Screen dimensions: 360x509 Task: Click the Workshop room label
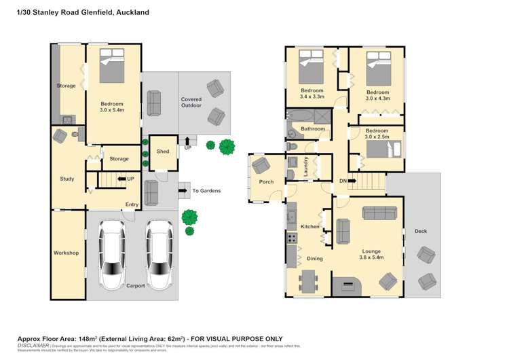pos(66,253)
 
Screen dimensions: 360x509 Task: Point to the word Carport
pos(136,286)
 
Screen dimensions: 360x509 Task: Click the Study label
pos(67,179)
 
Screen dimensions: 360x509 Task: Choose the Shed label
pos(163,151)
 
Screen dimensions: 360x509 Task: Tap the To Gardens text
pos(205,191)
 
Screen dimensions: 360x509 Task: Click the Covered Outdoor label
pos(191,103)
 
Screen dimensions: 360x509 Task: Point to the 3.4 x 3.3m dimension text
pos(312,97)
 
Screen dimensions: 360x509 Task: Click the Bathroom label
pos(313,128)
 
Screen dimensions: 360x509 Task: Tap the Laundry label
pos(306,167)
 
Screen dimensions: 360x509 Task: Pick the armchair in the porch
pos(261,165)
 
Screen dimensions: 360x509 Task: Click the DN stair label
pos(343,181)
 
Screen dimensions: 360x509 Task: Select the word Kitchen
pos(309,226)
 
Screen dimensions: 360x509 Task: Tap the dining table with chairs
pos(309,280)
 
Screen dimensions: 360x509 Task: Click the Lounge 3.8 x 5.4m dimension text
pos(371,257)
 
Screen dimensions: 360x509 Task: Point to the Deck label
pos(421,231)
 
